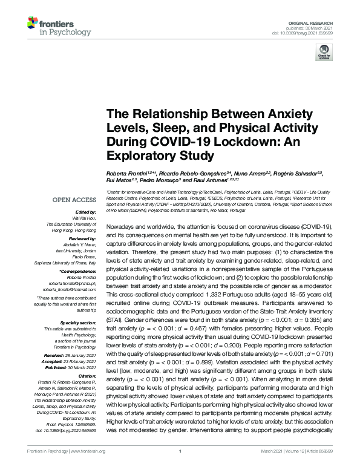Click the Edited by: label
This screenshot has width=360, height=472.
[x=87, y=212]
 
